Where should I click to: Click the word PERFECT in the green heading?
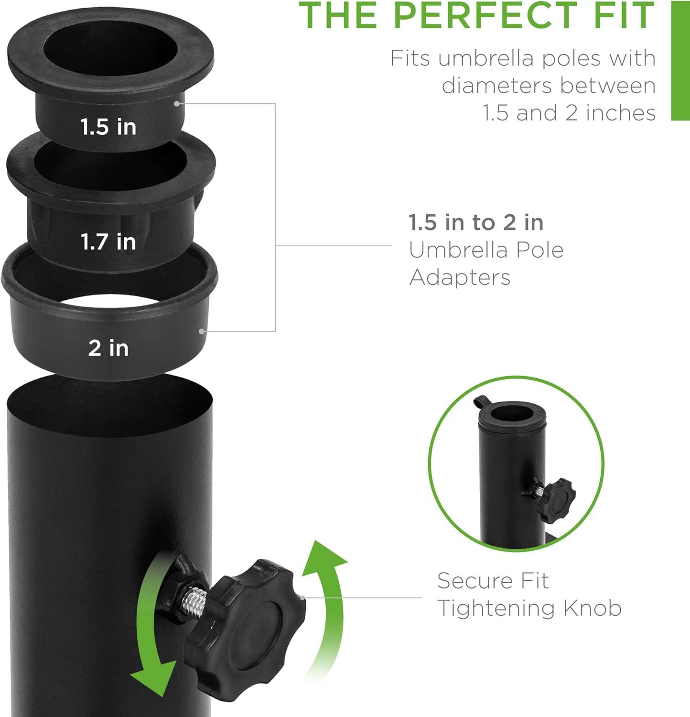[485, 15]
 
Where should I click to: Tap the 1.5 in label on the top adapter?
[108, 127]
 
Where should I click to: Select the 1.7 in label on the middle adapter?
[108, 242]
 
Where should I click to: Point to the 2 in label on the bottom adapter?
[108, 348]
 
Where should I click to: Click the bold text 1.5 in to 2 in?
[476, 223]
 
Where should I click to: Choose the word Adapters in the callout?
[460, 277]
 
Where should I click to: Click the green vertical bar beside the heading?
[680, 61]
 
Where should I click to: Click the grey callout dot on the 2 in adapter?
[202, 331]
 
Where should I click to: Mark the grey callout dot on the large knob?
[302, 597]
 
